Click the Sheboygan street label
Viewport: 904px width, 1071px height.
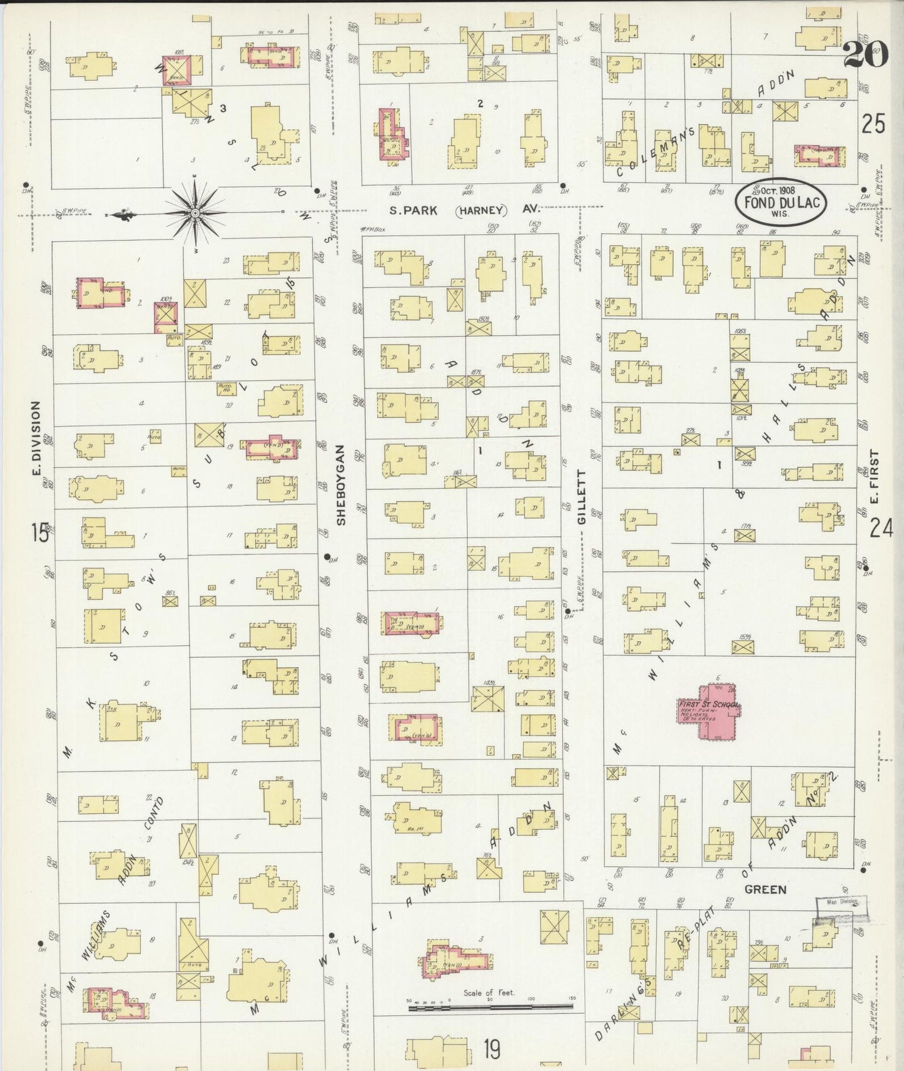coord(341,485)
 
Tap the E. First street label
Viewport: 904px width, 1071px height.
coord(875,477)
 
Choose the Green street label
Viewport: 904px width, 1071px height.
coord(765,889)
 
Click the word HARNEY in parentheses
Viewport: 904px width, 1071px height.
coord(481,210)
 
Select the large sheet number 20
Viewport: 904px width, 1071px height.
coord(865,54)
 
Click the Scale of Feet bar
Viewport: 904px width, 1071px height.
coord(490,1007)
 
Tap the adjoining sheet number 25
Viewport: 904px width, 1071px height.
coord(873,125)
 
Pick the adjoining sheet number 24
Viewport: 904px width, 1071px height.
coord(881,529)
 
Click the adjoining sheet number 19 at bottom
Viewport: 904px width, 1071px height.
coord(492,1050)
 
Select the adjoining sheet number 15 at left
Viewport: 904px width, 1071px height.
coord(39,533)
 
